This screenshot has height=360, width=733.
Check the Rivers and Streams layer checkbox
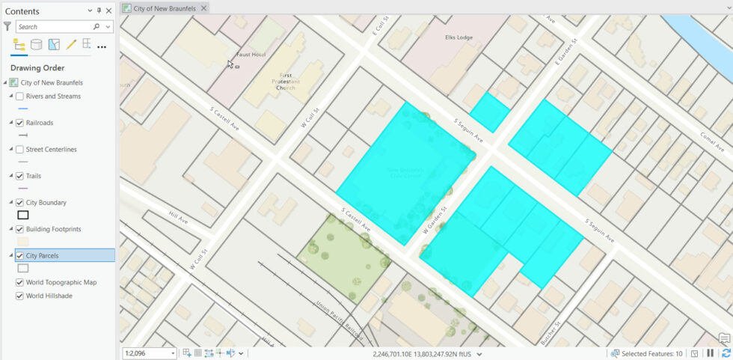pyautogui.click(x=20, y=97)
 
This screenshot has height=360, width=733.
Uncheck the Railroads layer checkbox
pyautogui.click(x=20, y=123)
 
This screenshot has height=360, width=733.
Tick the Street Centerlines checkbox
pyautogui.click(x=20, y=150)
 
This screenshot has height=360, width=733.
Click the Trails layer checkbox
pyautogui.click(x=20, y=176)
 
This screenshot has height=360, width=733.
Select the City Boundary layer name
pyautogui.click(x=46, y=203)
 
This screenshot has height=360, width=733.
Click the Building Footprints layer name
pyautogui.click(x=53, y=229)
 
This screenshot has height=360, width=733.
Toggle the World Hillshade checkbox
pyautogui.click(x=20, y=296)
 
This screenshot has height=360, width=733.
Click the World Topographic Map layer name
pyautogui.click(x=61, y=283)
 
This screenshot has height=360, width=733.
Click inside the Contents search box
pyautogui.click(x=60, y=27)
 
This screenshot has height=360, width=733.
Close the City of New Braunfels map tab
pyautogui.click(x=203, y=8)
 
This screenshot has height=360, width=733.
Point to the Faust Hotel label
pyautogui.click(x=251, y=54)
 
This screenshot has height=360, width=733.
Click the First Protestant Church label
pyautogui.click(x=286, y=82)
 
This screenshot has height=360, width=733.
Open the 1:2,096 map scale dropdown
pyautogui.click(x=174, y=353)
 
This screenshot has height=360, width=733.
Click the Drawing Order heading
pyautogui.click(x=37, y=68)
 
